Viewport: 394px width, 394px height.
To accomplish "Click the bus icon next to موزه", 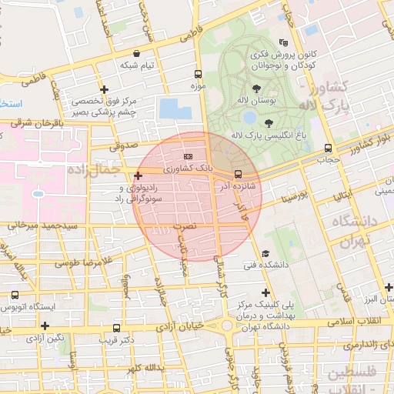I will coord(199,75).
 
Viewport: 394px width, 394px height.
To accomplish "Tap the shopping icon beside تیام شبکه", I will coord(137,54).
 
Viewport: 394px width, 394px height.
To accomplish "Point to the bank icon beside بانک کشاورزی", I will coord(189,156).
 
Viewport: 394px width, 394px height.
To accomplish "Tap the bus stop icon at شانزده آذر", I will coord(238,174).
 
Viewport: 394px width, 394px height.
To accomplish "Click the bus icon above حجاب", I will coord(329,149).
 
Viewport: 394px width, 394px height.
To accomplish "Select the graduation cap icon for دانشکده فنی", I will coord(265,253).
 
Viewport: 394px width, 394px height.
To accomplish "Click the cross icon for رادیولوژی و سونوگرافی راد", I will coord(138,176).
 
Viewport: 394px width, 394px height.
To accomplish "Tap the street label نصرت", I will coord(182,227).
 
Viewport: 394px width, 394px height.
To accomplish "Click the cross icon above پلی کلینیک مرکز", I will coord(266,292).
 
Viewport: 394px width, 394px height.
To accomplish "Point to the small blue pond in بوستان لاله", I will coord(249,118).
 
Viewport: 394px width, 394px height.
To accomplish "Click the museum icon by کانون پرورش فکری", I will coord(285,44).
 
